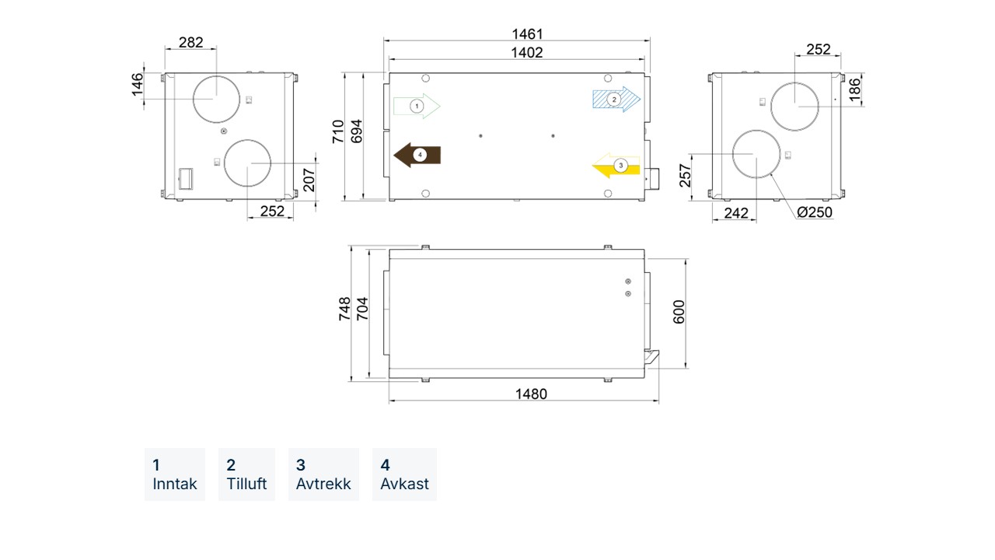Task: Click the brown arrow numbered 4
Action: pyautogui.click(x=417, y=155)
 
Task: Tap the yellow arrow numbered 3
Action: pyautogui.click(x=616, y=166)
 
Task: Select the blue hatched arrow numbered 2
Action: pyautogui.click(x=616, y=99)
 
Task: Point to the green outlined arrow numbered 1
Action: pyautogui.click(x=417, y=107)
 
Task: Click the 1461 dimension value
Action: pyautogui.click(x=527, y=33)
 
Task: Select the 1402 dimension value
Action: pyautogui.click(x=527, y=53)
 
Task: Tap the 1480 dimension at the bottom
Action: pyautogui.click(x=531, y=394)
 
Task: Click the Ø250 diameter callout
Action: pyautogui.click(x=814, y=212)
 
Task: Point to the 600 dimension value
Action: pyautogui.click(x=679, y=312)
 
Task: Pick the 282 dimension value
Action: pyautogui.click(x=191, y=42)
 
